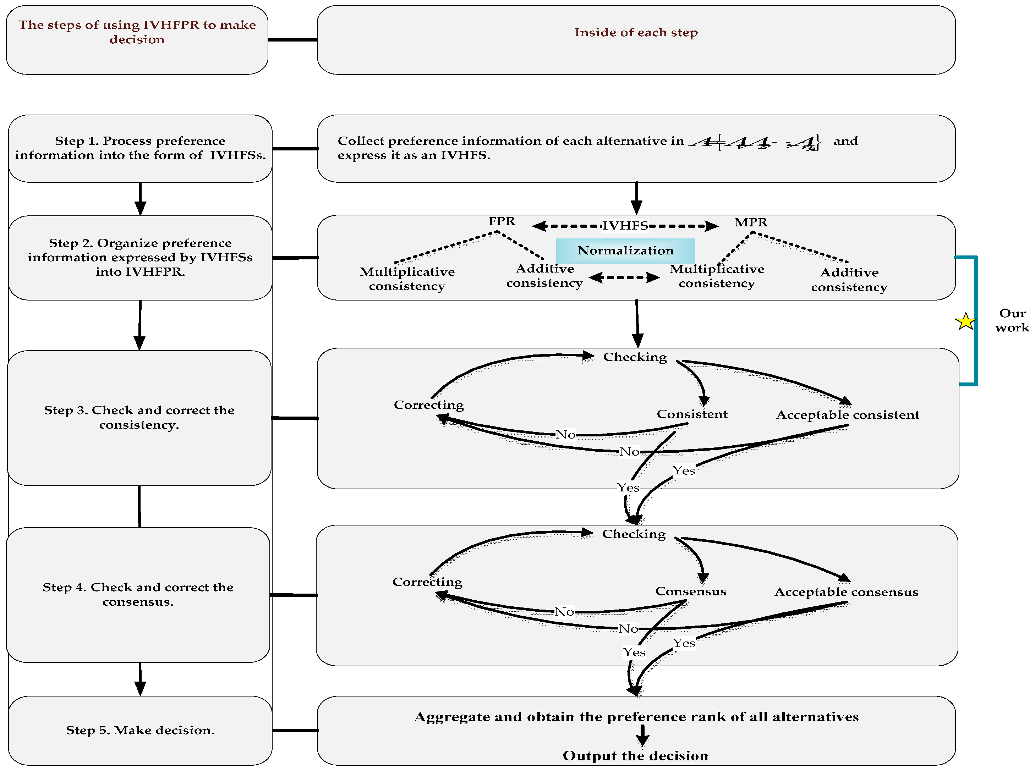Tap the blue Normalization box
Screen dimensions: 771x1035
point(625,250)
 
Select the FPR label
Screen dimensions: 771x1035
point(502,221)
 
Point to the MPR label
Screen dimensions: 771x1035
point(751,222)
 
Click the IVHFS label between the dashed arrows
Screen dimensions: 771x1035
point(625,226)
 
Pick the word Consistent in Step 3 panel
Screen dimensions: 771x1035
point(692,414)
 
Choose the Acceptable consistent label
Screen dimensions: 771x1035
point(847,414)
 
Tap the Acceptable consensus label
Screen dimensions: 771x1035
point(846,592)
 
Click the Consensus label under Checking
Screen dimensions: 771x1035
point(690,591)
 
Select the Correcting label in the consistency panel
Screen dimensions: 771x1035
point(428,404)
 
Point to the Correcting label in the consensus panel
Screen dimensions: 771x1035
point(427,582)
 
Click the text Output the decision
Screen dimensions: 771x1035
point(635,756)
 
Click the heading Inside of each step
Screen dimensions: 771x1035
point(636,32)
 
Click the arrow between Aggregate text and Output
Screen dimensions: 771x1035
point(642,736)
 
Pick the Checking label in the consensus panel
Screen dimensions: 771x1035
point(634,534)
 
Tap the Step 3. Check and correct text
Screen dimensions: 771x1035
point(139,417)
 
